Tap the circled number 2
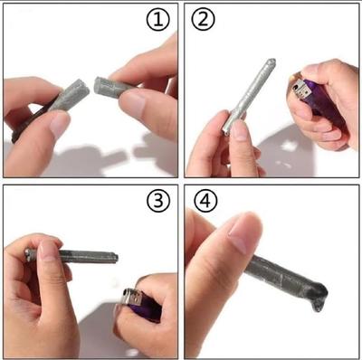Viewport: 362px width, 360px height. [x=203, y=19]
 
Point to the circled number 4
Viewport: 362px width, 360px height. [x=203, y=201]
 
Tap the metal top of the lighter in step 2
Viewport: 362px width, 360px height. [x=298, y=87]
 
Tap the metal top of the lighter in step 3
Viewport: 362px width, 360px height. [x=133, y=298]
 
